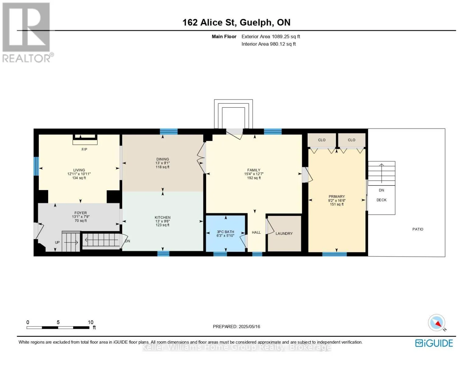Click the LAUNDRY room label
tap(284, 233)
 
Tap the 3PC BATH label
tap(225, 232)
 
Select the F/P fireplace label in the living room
tap(84, 149)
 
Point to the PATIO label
tap(418, 229)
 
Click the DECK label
tap(381, 200)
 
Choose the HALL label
tap(256, 232)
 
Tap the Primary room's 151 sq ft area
tap(337, 204)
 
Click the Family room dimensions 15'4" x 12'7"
tap(254, 174)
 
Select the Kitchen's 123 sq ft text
tap(162, 225)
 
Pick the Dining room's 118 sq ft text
tap(162, 167)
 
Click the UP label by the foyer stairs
tap(57, 242)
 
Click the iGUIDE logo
tap(434, 343)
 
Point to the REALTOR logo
tap(27, 33)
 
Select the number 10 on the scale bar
tap(90, 322)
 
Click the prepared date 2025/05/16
tap(249, 327)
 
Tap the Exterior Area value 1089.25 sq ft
tap(286, 37)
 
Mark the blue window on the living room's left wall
tap(36, 166)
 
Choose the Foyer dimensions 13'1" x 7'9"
tap(81, 217)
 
